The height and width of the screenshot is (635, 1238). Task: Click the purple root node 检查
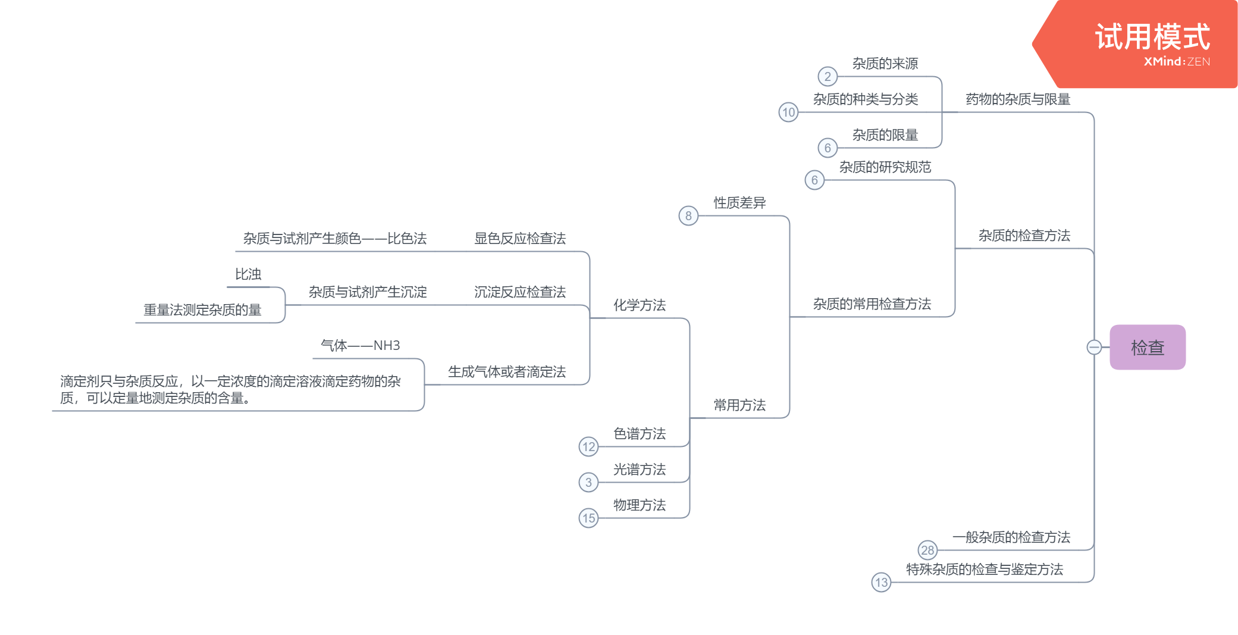tap(1147, 347)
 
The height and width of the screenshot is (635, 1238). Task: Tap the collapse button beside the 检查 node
tap(1093, 347)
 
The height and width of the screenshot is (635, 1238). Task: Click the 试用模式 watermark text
tap(1152, 37)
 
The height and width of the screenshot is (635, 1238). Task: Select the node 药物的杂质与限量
tap(1017, 99)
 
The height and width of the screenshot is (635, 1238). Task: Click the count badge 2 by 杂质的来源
tap(827, 77)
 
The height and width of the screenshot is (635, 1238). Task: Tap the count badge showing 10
tap(788, 112)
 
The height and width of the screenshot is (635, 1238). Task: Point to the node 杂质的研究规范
tap(885, 167)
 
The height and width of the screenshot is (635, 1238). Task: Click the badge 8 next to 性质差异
tap(688, 216)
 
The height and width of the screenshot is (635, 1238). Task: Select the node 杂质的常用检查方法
tap(872, 304)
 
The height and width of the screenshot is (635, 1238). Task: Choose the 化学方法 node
tap(639, 305)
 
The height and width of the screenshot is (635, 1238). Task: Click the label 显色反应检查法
tap(519, 239)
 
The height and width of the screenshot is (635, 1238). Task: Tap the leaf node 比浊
tap(248, 274)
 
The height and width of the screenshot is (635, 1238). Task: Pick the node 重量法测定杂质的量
tap(202, 310)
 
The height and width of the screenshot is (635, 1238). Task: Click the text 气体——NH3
tap(360, 346)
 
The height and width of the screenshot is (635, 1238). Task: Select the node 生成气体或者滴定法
tap(506, 372)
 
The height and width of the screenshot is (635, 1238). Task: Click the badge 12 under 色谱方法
tap(588, 447)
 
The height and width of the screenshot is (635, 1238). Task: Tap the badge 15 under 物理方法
tap(588, 518)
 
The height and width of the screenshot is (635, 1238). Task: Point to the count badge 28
tap(927, 550)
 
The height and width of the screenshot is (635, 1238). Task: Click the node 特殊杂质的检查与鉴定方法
tap(984, 570)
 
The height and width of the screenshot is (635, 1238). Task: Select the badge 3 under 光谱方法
tap(588, 483)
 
